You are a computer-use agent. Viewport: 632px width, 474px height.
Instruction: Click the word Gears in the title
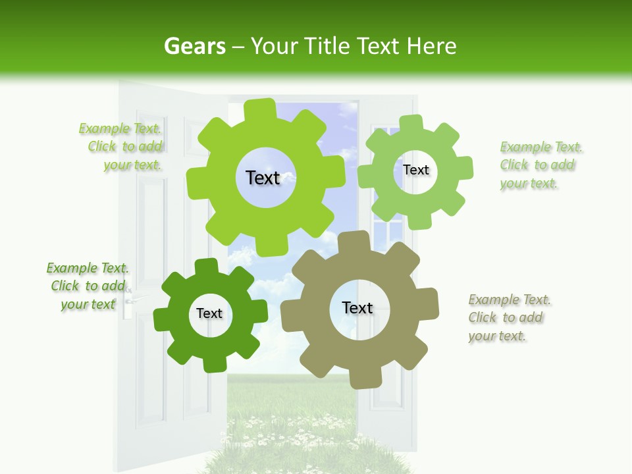point(194,46)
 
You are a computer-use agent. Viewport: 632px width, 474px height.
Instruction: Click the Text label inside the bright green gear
point(263,178)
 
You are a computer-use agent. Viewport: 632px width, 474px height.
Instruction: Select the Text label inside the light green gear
point(415,170)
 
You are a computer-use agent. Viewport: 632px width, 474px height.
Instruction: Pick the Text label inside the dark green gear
point(209,313)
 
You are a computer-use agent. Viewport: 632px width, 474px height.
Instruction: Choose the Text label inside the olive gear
point(357,307)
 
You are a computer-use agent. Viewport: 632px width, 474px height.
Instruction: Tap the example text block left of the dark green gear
point(88,286)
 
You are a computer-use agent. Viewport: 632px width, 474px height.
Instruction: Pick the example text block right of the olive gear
point(508,318)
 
